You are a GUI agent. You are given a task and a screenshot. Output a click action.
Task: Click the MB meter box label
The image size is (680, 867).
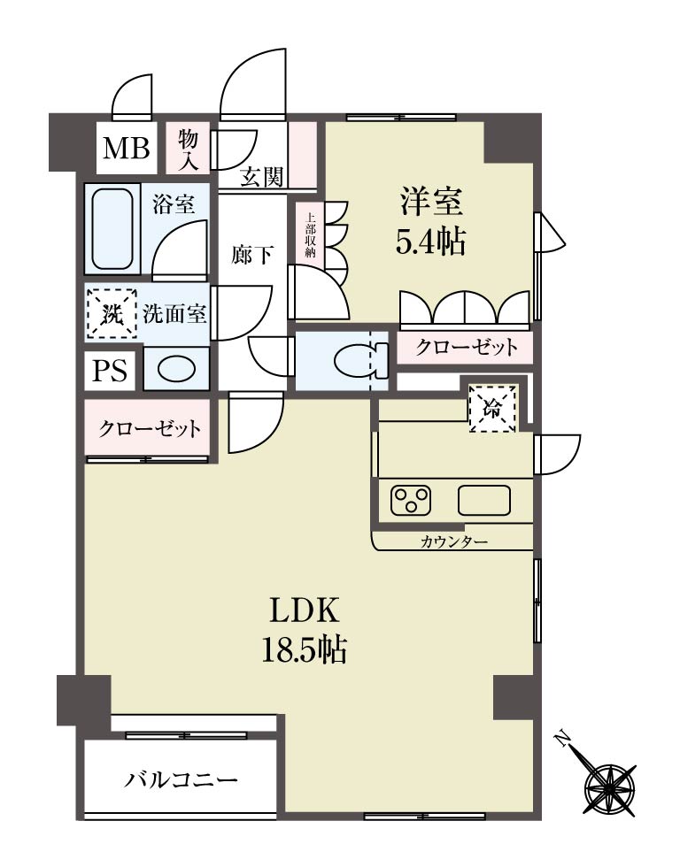point(127,148)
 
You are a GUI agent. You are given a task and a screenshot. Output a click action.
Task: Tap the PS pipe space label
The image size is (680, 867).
point(110,370)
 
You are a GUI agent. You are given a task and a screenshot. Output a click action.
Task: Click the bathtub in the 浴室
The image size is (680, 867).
point(112,229)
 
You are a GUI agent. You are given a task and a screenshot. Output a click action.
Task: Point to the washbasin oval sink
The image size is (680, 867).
point(176,369)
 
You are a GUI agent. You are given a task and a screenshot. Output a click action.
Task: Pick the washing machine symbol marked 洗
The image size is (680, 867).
point(112,314)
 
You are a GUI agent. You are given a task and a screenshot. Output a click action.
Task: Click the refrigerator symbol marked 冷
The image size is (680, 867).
point(492,409)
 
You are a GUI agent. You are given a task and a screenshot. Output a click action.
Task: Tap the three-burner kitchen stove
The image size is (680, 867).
point(411,500)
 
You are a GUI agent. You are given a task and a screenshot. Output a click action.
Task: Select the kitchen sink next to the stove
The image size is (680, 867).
point(484,500)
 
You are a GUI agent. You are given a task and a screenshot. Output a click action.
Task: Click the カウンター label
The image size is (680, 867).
point(453,541)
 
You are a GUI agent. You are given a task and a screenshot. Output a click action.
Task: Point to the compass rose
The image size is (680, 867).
point(604,779)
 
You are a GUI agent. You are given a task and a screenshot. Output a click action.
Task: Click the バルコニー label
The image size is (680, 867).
point(181,780)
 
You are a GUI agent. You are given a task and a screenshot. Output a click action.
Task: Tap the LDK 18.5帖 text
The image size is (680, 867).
point(304,629)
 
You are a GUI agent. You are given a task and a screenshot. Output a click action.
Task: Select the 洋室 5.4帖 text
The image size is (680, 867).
point(431,220)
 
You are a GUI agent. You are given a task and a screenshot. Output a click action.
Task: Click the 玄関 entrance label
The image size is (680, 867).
point(262,177)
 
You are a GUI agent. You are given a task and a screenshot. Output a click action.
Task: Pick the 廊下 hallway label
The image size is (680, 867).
point(251,255)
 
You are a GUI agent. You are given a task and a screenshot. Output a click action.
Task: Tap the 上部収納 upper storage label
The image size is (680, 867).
point(310,235)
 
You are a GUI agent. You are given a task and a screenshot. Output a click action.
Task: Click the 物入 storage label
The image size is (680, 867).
point(188,149)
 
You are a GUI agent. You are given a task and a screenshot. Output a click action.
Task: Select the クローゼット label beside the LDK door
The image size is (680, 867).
point(150,428)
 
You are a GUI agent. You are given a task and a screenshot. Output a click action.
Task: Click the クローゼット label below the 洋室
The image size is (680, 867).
point(467,347)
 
